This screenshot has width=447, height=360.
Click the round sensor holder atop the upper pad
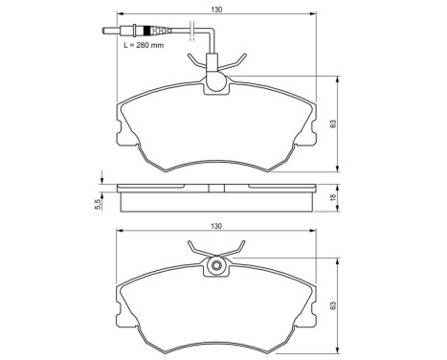pyautogui.click(x=217, y=84)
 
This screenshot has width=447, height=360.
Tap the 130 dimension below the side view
pyautogui.click(x=218, y=226)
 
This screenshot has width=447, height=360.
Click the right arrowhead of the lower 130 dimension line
pyautogui.click(x=317, y=233)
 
